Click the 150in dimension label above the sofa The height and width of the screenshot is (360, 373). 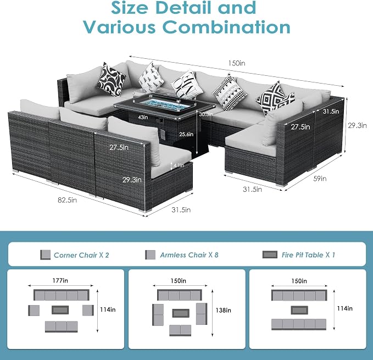[237, 63]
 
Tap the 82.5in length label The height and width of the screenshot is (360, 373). [68, 200]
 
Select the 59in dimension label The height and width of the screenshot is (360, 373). [320, 179]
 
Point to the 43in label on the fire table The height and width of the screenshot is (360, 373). [143, 117]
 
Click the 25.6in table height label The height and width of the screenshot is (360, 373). [186, 134]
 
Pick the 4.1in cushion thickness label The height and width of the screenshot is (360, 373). [179, 165]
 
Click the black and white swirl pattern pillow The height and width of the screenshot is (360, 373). [112, 79]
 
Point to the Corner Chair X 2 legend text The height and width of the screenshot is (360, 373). [81, 255]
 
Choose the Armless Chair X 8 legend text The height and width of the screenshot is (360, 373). [189, 255]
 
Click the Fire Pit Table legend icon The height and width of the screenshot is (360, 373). [270, 254]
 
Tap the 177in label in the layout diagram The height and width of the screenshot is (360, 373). [60, 280]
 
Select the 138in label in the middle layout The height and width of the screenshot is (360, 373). [223, 311]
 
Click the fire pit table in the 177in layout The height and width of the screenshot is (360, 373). [60, 310]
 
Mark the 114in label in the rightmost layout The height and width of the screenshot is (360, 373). [344, 308]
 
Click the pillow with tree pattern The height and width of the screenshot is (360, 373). [151, 77]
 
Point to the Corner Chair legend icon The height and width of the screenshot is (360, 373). [45, 255]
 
